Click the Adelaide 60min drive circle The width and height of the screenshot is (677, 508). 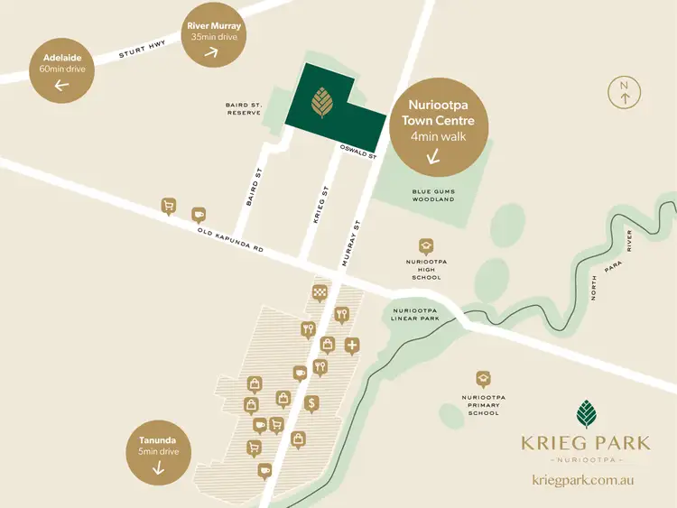click(62, 70)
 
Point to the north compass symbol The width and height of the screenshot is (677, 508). click(623, 92)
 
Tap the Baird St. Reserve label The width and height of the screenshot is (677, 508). click(243, 109)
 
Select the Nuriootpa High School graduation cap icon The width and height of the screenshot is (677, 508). click(425, 245)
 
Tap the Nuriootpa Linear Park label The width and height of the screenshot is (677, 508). click(414, 313)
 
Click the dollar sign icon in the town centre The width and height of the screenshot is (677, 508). click(311, 402)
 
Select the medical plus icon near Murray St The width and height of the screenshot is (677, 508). click(351, 344)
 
